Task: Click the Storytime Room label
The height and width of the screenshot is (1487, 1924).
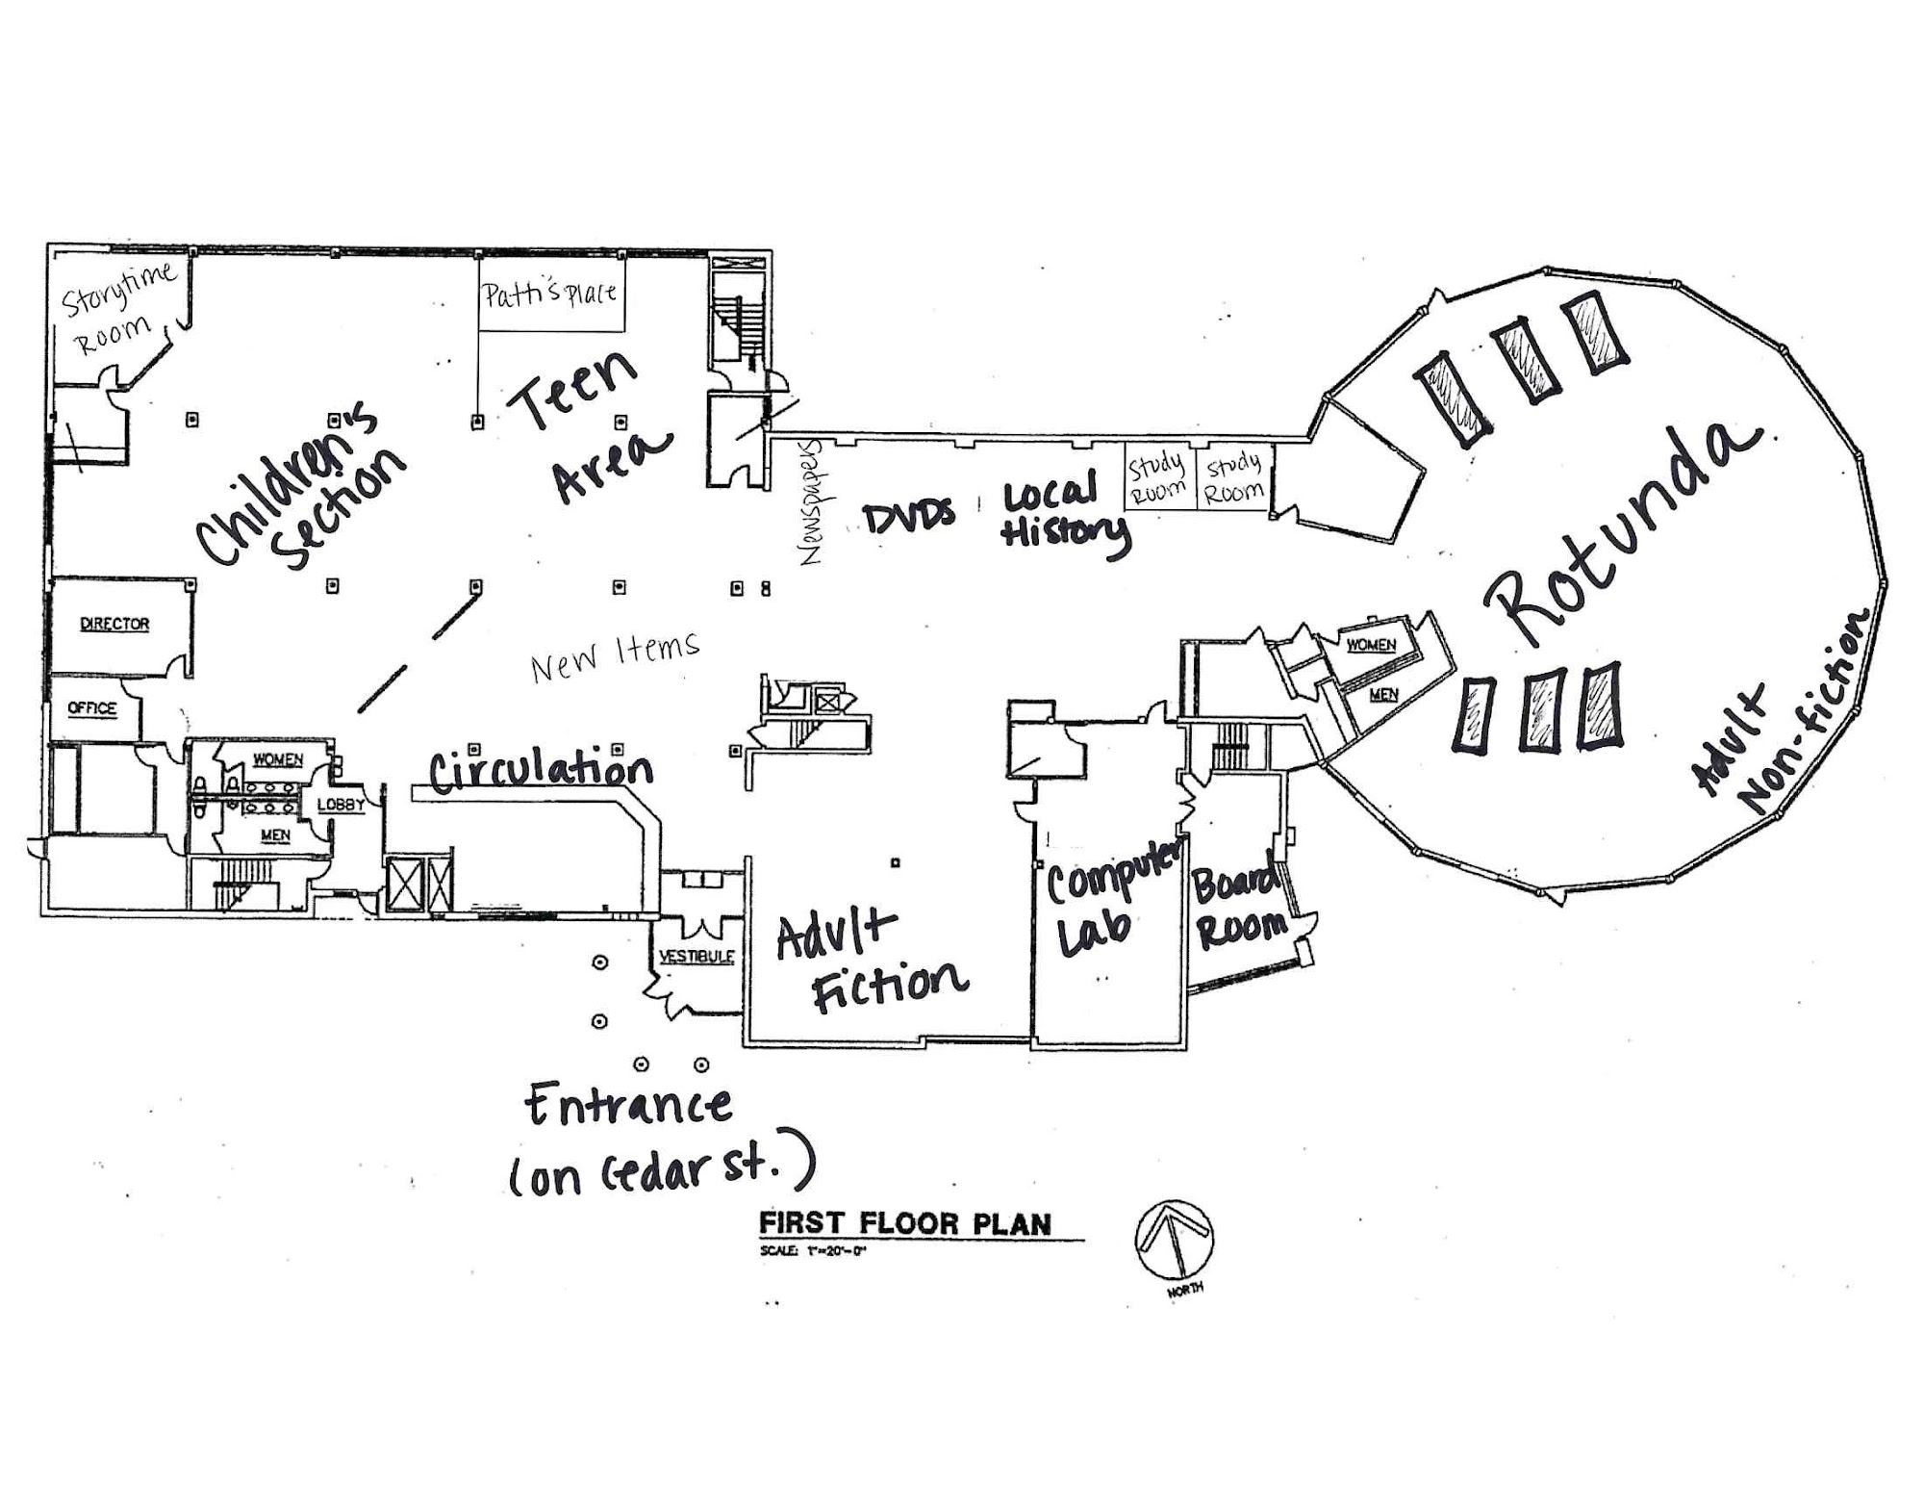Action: [x=118, y=307]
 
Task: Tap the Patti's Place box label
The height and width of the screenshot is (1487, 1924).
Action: [x=549, y=293]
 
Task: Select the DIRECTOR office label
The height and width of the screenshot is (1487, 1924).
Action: [x=114, y=624]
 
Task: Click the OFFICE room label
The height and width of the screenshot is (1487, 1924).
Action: [x=92, y=708]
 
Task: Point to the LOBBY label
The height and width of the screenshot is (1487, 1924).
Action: [x=341, y=804]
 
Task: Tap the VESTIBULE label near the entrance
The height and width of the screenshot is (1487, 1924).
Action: [x=696, y=957]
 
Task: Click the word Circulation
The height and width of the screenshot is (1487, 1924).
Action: [x=541, y=768]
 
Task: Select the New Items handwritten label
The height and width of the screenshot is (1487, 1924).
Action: [x=616, y=656]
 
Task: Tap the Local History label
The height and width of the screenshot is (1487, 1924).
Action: [x=1064, y=513]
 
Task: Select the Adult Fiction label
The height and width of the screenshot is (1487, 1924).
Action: [x=872, y=961]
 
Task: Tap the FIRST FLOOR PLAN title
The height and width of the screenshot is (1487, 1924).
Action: [x=905, y=1224]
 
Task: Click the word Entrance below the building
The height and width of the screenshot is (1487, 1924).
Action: [x=629, y=1106]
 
